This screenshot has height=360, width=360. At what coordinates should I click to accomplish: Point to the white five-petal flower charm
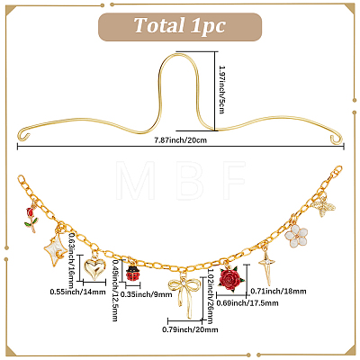pyautogui.click(x=296, y=236)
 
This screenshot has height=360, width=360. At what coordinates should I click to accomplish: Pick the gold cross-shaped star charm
pyautogui.click(x=267, y=268)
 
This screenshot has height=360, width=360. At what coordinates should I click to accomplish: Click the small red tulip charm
pyautogui.click(x=31, y=219)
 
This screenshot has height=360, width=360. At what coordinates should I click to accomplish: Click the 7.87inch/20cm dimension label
pyautogui.click(x=180, y=139)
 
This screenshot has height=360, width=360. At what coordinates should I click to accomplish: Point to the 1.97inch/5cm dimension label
pyautogui.click(x=222, y=89)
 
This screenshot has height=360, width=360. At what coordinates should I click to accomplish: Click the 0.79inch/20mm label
pyautogui.click(x=190, y=329)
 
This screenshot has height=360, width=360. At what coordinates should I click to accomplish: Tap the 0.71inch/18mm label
pyautogui.click(x=278, y=291)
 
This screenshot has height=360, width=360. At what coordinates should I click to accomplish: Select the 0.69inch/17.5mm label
pyautogui.click(x=247, y=303)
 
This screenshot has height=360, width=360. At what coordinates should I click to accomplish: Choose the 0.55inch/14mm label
pyautogui.click(x=77, y=292)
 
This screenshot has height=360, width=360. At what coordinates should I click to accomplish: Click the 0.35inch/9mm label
pyautogui.click(x=147, y=294)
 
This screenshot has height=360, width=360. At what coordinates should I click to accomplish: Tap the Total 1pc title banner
pyautogui.click(x=180, y=26)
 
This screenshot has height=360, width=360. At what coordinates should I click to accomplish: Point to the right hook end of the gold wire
pyautogui.click(x=337, y=139)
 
